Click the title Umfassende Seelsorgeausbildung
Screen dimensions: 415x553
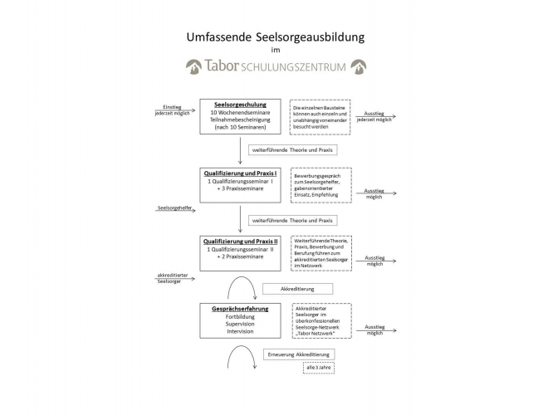[276, 37]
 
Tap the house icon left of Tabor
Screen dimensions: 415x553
[193, 66]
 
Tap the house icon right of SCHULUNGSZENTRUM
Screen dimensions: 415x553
[359, 66]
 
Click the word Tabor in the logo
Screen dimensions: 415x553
[221, 66]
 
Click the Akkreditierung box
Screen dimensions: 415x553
[297, 289]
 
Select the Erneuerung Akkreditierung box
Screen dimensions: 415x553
[301, 354]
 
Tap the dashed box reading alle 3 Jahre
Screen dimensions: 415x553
[319, 368]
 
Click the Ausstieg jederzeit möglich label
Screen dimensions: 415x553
[374, 116]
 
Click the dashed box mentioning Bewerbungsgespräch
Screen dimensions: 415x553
[321, 185]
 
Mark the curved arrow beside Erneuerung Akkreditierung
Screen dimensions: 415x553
[240, 359]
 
